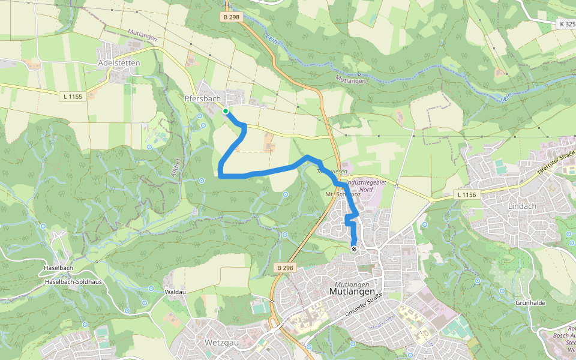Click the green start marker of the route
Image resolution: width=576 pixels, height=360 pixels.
click(x=226, y=111)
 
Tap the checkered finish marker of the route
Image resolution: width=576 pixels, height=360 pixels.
click(x=354, y=248)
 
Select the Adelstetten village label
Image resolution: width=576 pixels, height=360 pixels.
click(x=119, y=63)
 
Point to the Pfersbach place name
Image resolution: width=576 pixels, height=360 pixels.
click(x=203, y=98)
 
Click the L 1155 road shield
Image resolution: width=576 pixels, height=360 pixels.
click(x=73, y=96)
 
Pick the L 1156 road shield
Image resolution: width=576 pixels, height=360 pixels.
click(x=466, y=194)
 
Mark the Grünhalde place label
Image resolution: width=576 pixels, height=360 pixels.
click(x=530, y=303)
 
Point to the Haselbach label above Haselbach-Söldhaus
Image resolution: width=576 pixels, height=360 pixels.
click(x=58, y=268)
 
